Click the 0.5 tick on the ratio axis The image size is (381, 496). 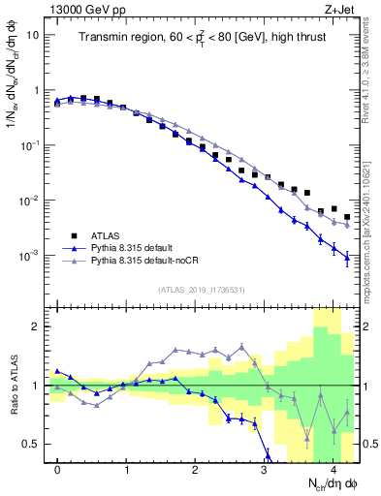pos(31,444)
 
